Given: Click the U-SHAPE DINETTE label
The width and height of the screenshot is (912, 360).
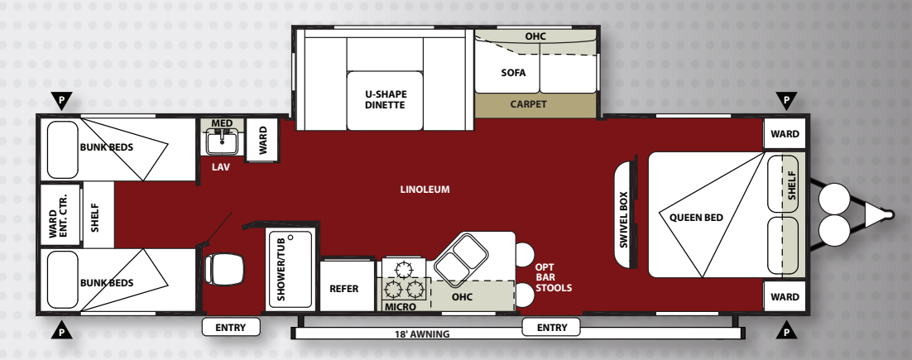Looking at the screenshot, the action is (385, 99).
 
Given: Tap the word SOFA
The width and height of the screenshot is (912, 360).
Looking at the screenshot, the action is (513, 73).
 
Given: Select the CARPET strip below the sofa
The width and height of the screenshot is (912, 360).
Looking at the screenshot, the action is (535, 105).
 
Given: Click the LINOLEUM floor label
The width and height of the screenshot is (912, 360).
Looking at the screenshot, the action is (425, 190).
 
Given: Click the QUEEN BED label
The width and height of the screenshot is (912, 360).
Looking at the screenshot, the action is (696, 218).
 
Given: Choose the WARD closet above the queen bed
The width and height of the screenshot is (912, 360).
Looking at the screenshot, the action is (785, 134).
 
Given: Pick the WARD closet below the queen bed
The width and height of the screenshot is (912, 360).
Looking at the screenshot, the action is (785, 296).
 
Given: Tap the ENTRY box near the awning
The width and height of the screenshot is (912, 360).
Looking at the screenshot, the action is (551, 328).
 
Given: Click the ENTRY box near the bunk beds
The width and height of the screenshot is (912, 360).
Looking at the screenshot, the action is (231, 328).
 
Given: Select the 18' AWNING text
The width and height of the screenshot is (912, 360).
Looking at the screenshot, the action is (422, 334).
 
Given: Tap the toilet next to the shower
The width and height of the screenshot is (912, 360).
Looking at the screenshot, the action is (224, 269).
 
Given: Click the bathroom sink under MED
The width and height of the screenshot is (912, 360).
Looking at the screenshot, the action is (221, 142).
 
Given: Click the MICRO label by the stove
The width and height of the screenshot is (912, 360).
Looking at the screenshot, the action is (401, 306).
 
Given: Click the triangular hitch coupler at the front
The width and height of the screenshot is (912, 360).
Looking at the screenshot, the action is (878, 214).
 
